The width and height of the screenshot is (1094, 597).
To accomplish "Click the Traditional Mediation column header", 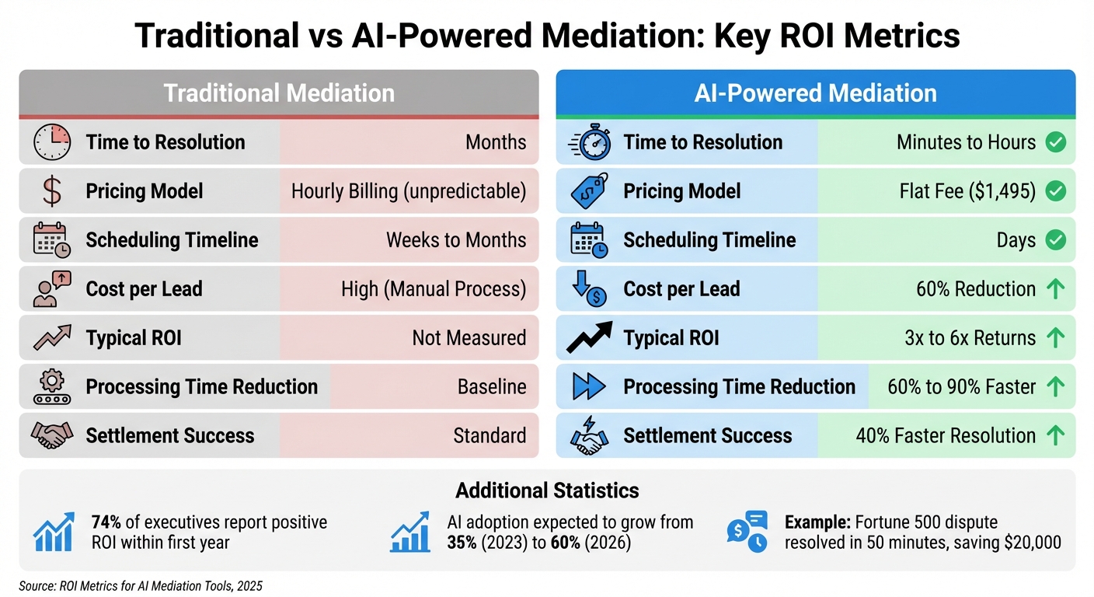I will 278,93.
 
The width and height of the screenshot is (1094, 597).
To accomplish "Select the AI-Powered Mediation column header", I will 816,93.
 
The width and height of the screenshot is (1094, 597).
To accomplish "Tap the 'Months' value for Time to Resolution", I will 495,142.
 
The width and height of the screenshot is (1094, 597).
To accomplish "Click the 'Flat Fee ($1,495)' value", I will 966,191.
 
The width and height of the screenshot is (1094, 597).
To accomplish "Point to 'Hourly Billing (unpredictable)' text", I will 408,191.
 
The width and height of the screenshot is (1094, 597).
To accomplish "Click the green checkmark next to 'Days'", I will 1055,240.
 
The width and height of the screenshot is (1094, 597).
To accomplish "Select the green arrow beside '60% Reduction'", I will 1055,289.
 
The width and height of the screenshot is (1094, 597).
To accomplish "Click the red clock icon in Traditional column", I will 52,142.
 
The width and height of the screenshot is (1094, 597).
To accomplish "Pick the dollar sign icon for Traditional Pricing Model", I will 52,191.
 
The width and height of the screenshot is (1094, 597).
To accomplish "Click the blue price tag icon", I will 590,191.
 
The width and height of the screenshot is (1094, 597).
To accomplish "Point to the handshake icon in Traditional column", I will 52,435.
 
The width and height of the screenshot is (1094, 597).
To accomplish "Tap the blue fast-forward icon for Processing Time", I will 590,386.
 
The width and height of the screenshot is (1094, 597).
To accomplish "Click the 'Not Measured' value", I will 469,338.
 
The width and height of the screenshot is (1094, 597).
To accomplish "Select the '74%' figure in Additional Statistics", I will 106,522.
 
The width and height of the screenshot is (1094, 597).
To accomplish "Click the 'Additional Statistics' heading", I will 547,491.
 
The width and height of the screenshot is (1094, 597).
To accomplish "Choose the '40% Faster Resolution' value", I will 945,435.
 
